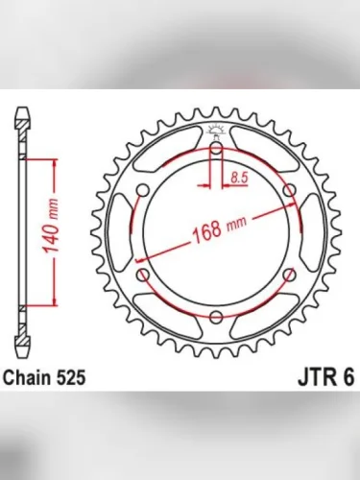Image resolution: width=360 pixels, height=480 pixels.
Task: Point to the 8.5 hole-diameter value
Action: pos(240,175)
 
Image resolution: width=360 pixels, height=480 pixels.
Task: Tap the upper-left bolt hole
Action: pos(142,191)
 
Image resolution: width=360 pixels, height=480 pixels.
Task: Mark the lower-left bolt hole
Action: pos(142,276)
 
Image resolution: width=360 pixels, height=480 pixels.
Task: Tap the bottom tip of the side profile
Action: pos(22,348)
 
